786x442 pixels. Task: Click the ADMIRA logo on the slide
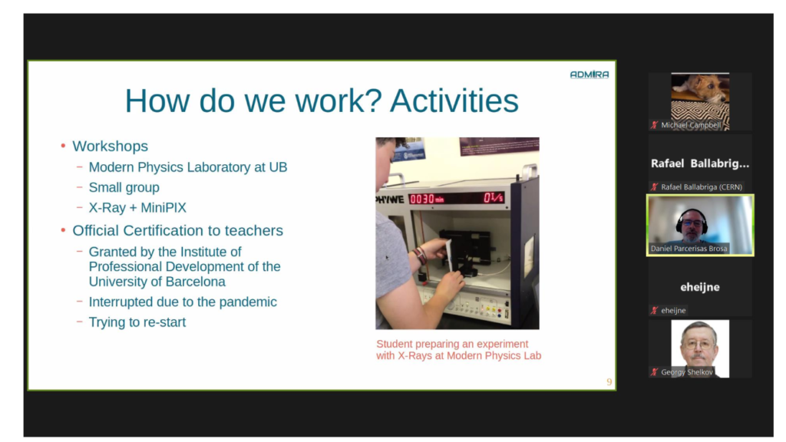click(x=589, y=74)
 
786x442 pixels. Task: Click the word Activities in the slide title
click(x=454, y=101)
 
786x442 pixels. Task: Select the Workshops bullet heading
click(x=111, y=146)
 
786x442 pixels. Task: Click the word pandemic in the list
click(x=248, y=302)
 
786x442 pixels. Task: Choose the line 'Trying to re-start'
click(x=137, y=322)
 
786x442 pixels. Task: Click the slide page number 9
click(x=609, y=382)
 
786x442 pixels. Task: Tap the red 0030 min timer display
click(x=427, y=199)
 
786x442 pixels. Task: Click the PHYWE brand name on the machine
click(x=390, y=200)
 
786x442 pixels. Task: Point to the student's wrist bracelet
click(x=420, y=256)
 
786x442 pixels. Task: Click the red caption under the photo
click(x=459, y=350)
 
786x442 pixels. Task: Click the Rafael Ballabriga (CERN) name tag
click(x=702, y=187)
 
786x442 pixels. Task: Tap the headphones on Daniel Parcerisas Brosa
click(x=692, y=221)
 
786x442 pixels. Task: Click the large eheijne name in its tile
click(x=700, y=287)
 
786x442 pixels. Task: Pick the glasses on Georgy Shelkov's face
click(x=698, y=345)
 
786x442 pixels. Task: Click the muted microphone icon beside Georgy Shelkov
click(x=654, y=372)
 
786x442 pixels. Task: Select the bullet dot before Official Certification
click(x=63, y=230)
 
